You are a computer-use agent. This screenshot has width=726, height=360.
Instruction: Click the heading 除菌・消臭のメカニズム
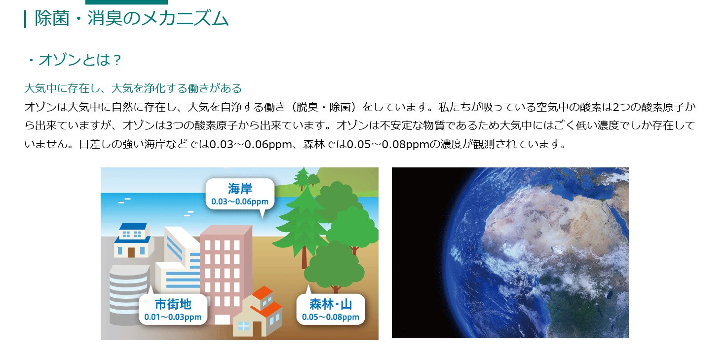point(132,18)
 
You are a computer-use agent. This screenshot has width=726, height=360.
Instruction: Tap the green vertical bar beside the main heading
point(25,19)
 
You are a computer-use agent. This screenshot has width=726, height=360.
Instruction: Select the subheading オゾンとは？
point(74,60)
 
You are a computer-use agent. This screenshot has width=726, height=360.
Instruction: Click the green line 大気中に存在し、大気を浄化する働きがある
point(133,88)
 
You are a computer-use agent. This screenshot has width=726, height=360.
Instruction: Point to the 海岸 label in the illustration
point(240,189)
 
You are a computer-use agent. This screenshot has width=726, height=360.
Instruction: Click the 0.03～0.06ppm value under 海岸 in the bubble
point(240,202)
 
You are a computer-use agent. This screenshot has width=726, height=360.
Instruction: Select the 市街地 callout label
point(173,304)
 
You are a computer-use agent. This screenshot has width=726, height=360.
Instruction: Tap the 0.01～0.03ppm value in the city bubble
point(173,317)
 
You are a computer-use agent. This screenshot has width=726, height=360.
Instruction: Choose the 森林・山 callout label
point(331,304)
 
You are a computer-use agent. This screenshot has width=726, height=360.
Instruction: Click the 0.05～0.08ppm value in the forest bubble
point(331,317)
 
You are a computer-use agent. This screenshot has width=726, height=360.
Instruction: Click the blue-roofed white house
point(133,240)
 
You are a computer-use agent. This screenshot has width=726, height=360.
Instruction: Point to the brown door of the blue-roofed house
point(131,252)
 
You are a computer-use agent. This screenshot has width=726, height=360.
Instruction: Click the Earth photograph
point(510,253)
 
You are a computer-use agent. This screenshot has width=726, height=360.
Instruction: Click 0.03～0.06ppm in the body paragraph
point(251,144)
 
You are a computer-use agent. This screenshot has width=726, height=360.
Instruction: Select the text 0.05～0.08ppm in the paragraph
point(388,144)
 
